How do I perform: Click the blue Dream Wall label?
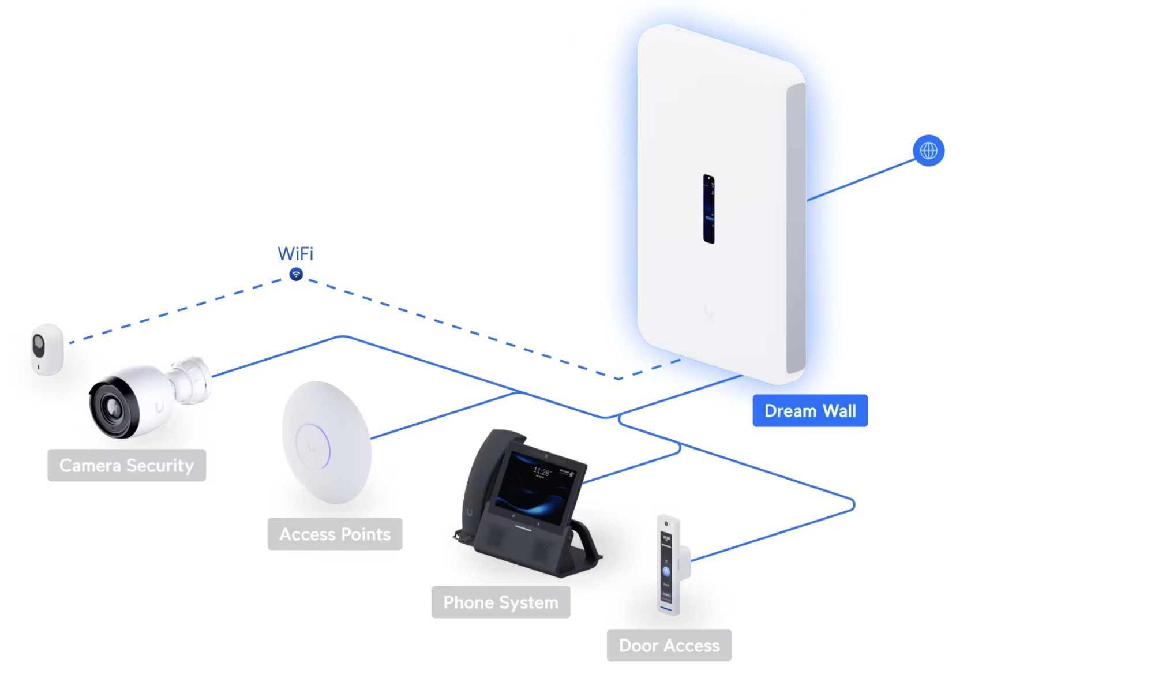(x=810, y=411)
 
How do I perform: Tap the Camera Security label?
(x=126, y=465)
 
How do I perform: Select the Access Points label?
(x=335, y=534)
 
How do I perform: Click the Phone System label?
(x=501, y=602)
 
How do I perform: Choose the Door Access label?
(x=669, y=645)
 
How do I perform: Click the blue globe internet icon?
(x=929, y=151)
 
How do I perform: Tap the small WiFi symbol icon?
(x=296, y=274)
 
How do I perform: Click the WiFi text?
(x=295, y=253)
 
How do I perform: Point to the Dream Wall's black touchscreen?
(x=709, y=209)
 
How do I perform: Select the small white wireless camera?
(x=47, y=349)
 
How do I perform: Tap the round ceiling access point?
(x=327, y=442)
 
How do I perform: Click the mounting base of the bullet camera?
(x=192, y=380)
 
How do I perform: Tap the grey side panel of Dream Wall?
(x=796, y=229)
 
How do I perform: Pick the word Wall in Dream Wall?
(x=839, y=411)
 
